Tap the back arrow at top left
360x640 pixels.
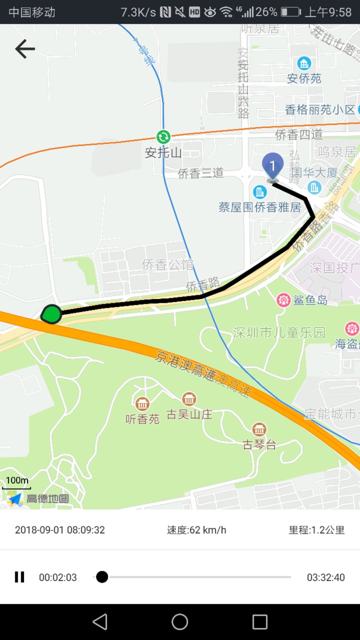point(25,49)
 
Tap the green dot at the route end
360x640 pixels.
point(52,314)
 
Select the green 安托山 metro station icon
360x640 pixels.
point(163,137)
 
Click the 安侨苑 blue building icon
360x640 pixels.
point(304,63)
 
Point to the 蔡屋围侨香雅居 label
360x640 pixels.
point(260,207)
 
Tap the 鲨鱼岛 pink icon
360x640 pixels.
point(283,300)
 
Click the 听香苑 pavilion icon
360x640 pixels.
point(142,404)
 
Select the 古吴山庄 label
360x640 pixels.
point(189,415)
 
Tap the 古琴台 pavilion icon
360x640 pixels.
point(259,430)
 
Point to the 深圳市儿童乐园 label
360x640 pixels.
point(279,333)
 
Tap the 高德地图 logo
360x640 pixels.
point(38,499)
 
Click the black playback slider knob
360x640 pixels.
point(102,577)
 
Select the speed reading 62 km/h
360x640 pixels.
point(197,530)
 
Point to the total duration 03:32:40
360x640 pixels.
point(326,577)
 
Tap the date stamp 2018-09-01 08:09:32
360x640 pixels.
point(60,530)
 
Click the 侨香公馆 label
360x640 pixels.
point(168,265)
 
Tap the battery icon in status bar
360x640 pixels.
point(291,12)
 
